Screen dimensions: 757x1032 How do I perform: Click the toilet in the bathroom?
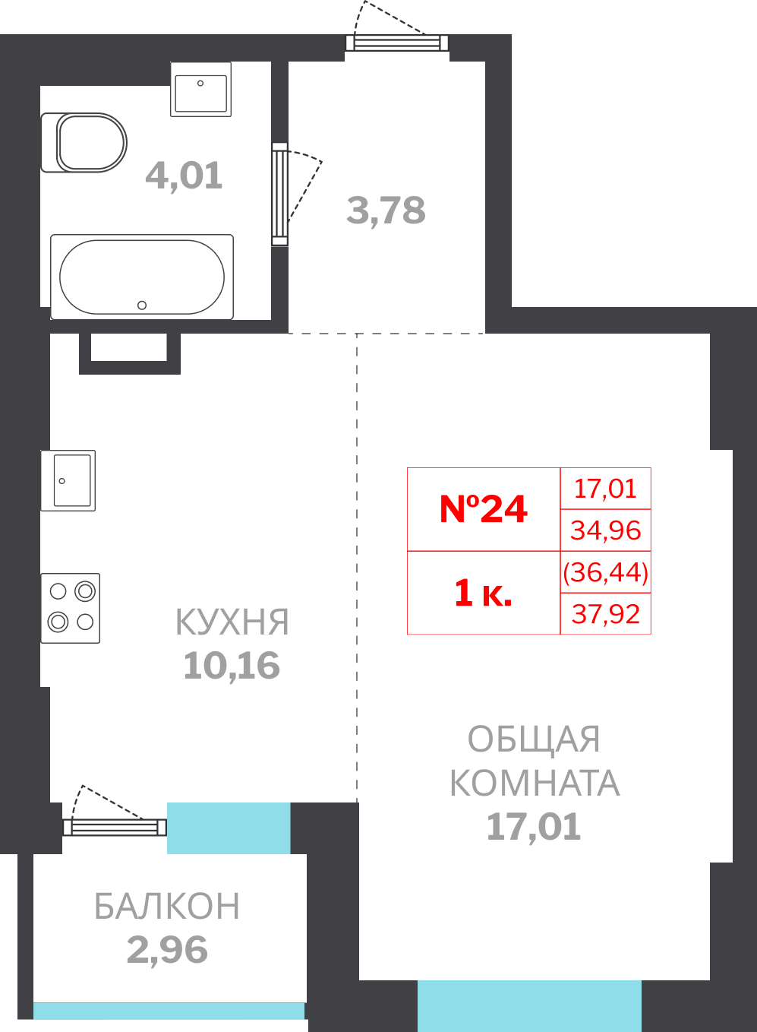(84, 143)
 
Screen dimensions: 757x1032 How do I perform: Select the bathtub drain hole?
(142, 305)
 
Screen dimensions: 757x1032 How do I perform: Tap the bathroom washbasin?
(200, 90)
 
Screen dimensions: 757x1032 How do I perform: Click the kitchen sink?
(68, 480)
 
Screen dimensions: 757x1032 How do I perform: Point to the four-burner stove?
(71, 608)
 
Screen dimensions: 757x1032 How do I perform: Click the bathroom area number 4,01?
(184, 176)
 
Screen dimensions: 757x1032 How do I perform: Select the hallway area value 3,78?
(386, 211)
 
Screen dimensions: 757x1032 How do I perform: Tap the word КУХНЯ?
(232, 622)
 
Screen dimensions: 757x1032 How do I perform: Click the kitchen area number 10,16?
(232, 666)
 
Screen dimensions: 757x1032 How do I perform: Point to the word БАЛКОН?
(167, 906)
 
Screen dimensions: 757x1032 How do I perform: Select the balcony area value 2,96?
(168, 950)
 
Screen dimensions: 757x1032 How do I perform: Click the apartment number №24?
(483, 509)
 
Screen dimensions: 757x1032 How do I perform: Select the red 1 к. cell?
(483, 593)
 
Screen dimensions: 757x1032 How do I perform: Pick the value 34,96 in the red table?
(606, 530)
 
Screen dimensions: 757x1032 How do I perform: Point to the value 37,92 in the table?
(606, 614)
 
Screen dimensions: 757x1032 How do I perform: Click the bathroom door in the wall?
(279, 194)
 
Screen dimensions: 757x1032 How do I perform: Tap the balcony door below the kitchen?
(115, 828)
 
